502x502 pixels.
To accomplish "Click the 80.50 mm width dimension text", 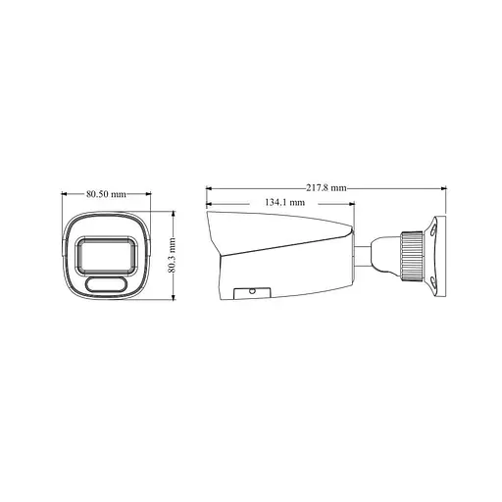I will coord(106,193).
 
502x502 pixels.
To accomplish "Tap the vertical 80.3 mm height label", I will coord(172,256).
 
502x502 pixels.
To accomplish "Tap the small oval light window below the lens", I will coord(106,284).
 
